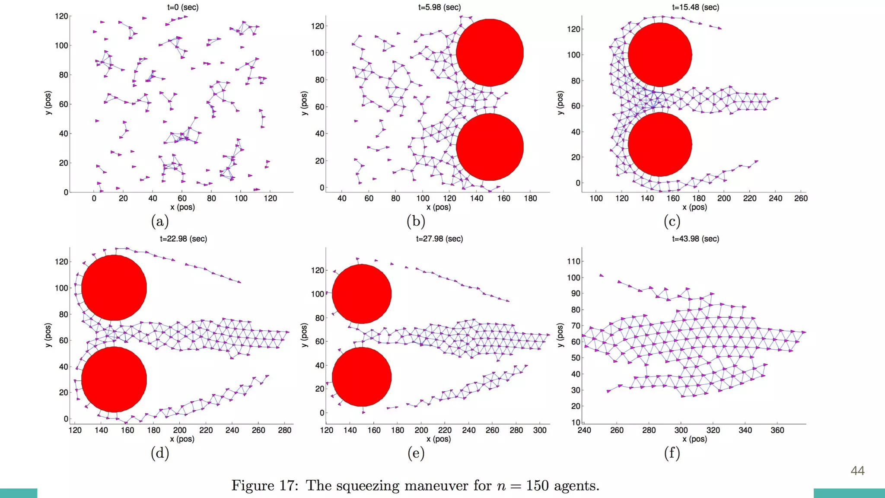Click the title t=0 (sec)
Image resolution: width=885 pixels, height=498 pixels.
pos(183,7)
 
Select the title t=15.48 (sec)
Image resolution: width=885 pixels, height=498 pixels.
pos(695,7)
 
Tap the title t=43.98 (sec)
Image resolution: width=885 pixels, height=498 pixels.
pos(695,239)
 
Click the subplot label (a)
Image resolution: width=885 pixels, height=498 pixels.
pos(160,221)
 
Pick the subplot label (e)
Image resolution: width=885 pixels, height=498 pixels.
pos(416,453)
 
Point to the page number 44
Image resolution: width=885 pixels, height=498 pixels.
pos(857,471)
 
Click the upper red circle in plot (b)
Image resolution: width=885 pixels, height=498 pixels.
pos(490,53)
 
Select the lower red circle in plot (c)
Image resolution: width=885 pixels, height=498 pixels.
pos(660,144)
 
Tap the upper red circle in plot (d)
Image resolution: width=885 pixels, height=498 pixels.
pos(114,287)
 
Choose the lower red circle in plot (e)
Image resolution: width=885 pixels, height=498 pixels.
pos(362,377)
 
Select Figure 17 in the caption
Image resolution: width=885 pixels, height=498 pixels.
pos(264,485)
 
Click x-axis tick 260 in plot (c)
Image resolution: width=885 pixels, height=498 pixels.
pos(801,198)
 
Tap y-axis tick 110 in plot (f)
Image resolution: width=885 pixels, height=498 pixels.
pos(574,261)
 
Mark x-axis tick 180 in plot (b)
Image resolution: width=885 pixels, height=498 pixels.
pos(530,198)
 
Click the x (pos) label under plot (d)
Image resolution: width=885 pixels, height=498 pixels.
pos(182,439)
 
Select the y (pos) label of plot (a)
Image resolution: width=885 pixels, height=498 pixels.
pos(48,103)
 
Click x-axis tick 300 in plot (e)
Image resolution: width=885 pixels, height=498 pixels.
pos(540,430)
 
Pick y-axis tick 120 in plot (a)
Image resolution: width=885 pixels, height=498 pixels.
pos(61,16)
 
